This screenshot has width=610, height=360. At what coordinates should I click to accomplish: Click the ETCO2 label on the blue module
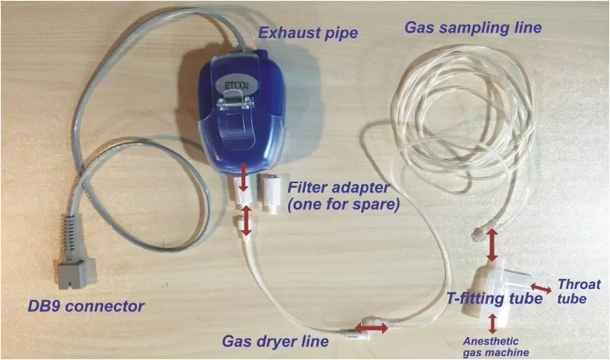pos(235,85)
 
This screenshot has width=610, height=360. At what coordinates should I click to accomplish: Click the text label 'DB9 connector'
pos(86,306)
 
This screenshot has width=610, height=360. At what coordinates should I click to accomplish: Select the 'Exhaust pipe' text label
pos(307,33)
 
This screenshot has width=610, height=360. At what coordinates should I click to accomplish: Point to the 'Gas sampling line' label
pos(473,27)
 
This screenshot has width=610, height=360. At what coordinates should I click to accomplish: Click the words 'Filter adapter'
pos(338,187)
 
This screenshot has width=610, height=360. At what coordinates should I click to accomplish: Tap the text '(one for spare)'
pos(343,204)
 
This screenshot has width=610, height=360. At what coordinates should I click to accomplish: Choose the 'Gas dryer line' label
pos(275,341)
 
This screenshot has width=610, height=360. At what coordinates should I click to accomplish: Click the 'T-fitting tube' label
pos(494,298)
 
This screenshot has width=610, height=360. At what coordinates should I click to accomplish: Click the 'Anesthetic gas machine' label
pos(495,347)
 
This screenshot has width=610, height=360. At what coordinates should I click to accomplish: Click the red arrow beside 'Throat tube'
pos(541,289)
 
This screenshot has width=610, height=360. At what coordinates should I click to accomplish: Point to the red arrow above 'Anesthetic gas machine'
pos(492,324)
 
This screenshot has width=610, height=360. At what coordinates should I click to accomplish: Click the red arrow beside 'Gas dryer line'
pos(371,328)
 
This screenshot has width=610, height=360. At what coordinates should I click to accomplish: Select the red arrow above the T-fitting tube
pos(492,245)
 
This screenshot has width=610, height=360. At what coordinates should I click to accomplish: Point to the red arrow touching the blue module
pos(243,177)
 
